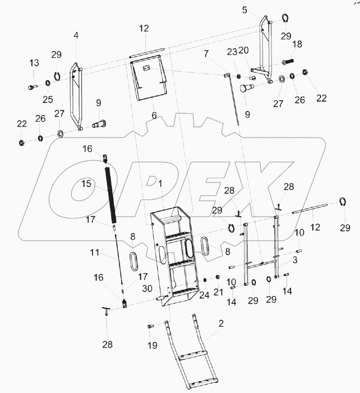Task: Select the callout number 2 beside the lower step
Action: tap(221, 324)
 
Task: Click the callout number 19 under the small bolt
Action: tap(152, 346)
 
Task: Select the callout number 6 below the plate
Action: tap(154, 116)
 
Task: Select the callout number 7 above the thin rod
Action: tap(206, 54)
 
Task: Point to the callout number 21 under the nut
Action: tap(218, 292)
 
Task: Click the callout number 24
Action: tap(204, 295)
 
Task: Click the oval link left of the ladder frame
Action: tap(135, 262)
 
